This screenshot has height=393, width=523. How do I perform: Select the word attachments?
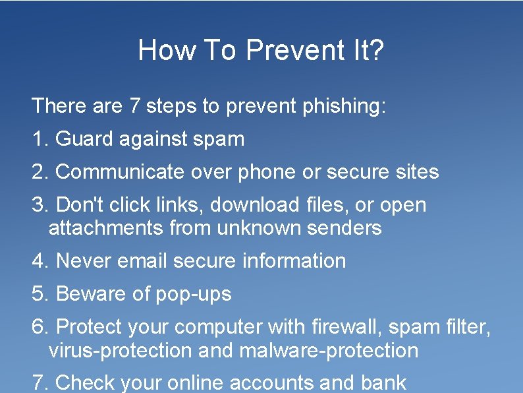(x=106, y=228)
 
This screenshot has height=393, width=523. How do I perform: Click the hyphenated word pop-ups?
(x=194, y=294)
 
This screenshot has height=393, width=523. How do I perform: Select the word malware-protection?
(x=329, y=350)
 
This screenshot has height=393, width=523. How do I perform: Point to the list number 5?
(x=38, y=294)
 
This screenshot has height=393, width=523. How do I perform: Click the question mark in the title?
(x=376, y=50)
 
